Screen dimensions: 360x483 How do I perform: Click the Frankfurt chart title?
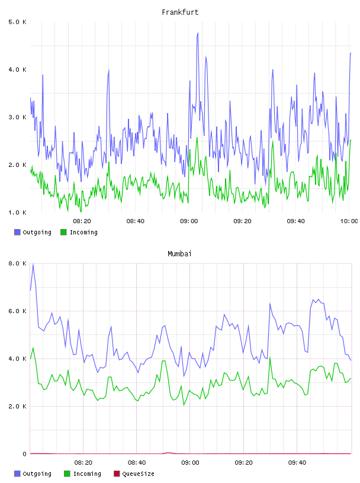(180, 12)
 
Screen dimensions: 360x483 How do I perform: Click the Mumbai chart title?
(179, 254)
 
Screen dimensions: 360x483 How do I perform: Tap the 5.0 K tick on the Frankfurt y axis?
(17, 22)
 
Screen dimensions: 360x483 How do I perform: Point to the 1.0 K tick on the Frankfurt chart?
(17, 212)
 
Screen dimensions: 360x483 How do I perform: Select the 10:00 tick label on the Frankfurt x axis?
(349, 221)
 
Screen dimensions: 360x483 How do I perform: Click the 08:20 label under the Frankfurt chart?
(82, 221)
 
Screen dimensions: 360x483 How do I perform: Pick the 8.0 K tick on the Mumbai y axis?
(17, 263)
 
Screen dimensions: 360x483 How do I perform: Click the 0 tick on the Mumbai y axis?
(24, 454)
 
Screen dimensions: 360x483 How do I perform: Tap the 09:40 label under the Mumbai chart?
(297, 462)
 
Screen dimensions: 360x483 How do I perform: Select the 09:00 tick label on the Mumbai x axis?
(190, 462)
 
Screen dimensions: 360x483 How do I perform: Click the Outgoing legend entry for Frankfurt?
(33, 232)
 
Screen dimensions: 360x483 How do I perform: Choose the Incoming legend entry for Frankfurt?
(79, 232)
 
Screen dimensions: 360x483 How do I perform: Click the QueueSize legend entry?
(134, 474)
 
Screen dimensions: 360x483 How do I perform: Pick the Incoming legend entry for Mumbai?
(83, 474)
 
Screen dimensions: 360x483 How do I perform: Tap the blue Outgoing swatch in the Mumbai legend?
(17, 474)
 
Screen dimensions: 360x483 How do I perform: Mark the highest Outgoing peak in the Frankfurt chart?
(198, 33)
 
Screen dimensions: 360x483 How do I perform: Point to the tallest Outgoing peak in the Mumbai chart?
(33, 265)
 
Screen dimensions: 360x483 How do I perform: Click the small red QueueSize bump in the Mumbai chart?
(168, 452)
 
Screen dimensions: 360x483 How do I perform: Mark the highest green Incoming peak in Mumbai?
(33, 348)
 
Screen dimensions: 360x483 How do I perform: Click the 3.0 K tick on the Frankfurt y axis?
(17, 117)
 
